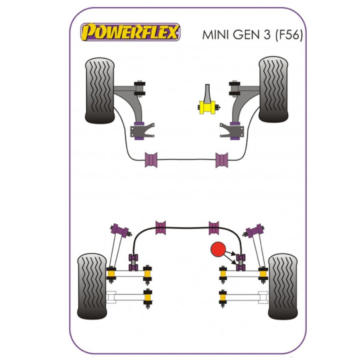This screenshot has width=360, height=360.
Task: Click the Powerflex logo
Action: pos(130,32)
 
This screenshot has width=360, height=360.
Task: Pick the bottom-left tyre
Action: pos(92,286)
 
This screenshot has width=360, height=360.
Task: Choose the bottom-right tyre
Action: pos(283,286)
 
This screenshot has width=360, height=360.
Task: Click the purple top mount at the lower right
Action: pos(255,231)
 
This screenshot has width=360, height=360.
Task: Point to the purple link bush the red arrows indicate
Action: pos(240,262)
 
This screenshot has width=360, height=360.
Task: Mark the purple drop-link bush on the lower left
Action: pos(133,262)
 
